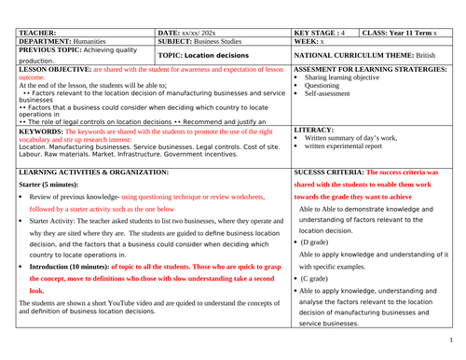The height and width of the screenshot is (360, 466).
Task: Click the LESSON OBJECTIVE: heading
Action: [55, 69]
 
